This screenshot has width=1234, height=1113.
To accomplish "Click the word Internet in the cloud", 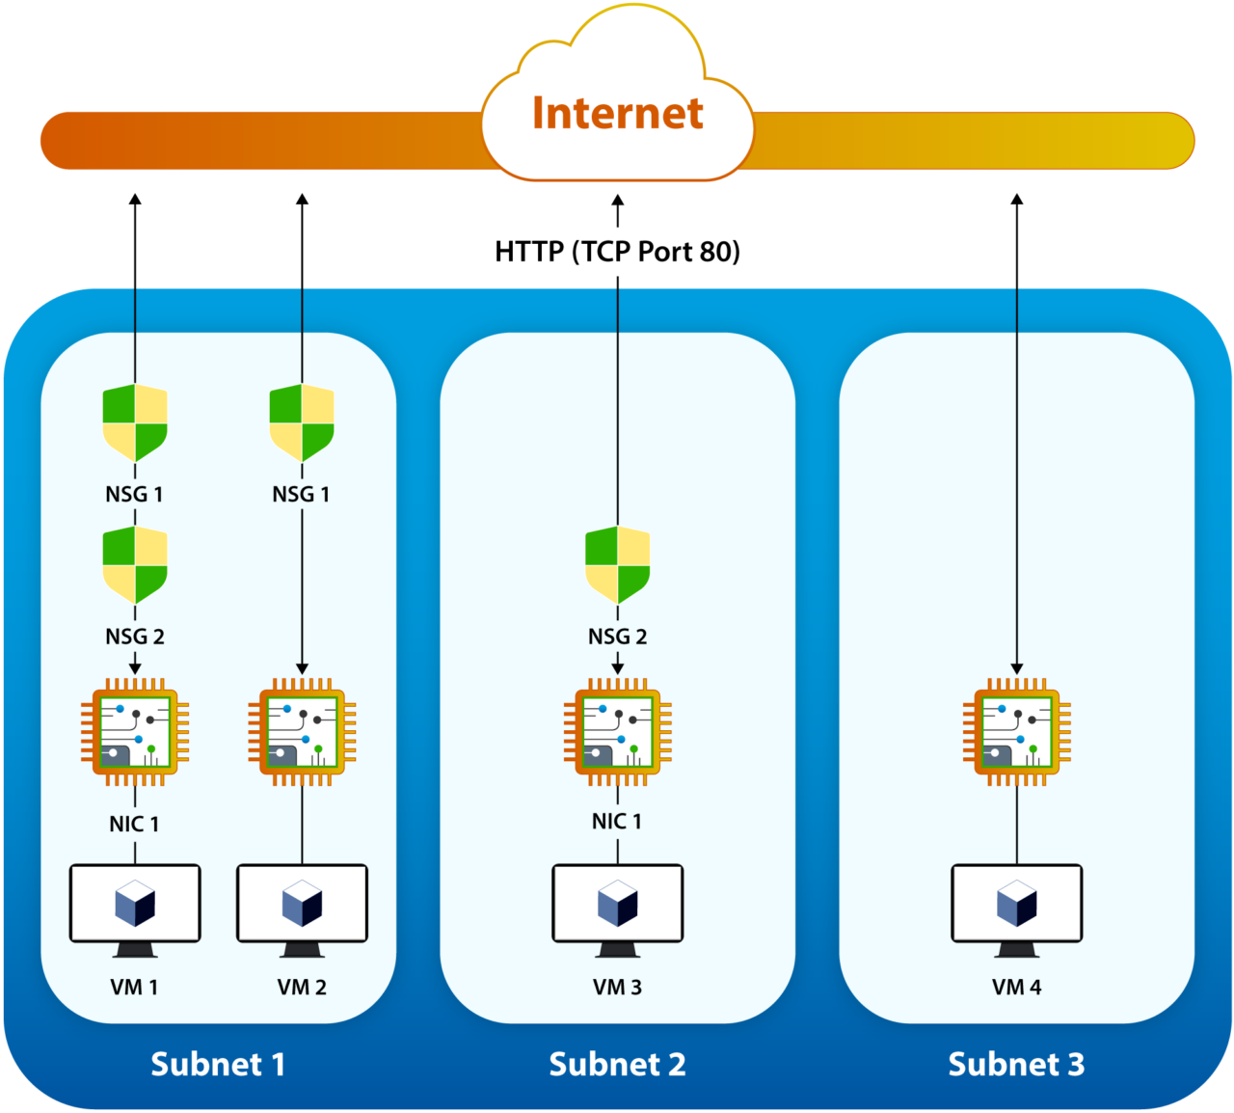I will [x=617, y=114].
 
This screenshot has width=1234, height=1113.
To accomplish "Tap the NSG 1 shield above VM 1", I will [x=135, y=422].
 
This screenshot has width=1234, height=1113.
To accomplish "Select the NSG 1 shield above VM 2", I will [x=302, y=422].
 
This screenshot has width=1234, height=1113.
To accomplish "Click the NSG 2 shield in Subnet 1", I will [x=135, y=564].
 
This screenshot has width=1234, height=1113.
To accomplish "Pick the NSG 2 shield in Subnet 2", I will [x=618, y=564].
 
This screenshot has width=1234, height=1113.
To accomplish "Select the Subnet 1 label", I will [x=218, y=1064].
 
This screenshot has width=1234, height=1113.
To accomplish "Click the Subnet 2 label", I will [x=617, y=1064].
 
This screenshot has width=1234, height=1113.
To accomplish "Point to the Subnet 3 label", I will [x=1016, y=1064].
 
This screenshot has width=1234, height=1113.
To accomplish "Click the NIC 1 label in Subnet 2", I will [x=617, y=821].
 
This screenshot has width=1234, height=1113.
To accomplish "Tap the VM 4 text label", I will [x=1016, y=987].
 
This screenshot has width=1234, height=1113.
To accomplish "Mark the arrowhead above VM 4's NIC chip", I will [x=1017, y=668].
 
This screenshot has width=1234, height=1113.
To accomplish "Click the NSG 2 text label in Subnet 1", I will [x=135, y=637].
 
